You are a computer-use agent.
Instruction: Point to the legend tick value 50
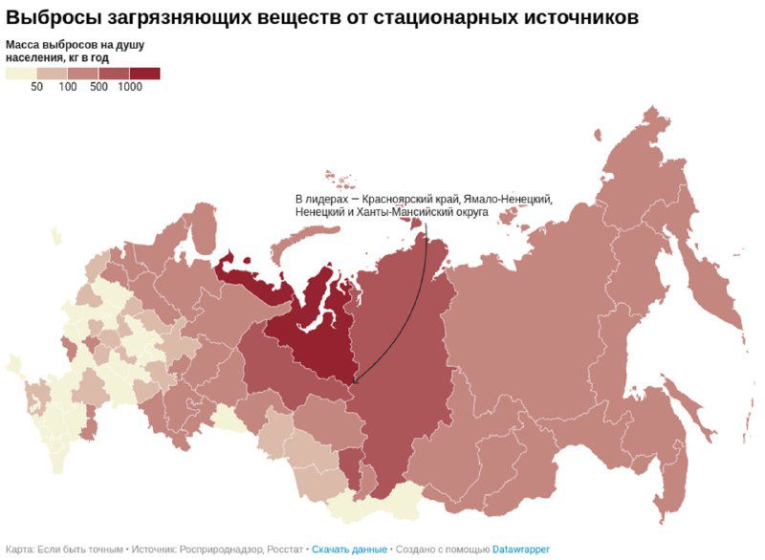(36, 87)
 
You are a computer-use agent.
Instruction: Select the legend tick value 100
(68, 87)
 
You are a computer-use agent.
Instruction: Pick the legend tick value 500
(98, 87)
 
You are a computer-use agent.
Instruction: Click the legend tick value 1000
(130, 87)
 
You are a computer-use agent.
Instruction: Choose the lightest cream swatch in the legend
(21, 73)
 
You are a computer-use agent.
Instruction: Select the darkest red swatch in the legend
(145, 73)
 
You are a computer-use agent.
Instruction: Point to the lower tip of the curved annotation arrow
(352, 384)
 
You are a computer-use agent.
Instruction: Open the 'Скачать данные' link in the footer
(349, 549)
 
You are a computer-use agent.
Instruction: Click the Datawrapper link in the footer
(521, 549)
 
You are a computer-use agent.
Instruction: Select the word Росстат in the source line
(285, 549)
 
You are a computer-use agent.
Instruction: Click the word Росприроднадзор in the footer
(221, 549)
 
